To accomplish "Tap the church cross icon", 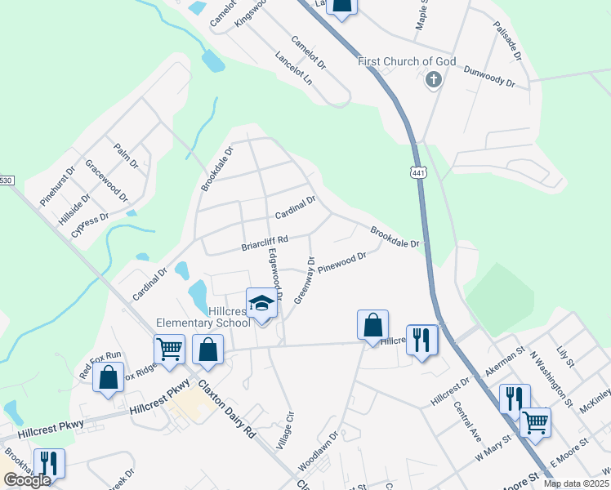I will (x=433, y=80).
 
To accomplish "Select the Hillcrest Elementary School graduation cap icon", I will (x=262, y=304).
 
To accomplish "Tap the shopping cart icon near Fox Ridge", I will (x=169, y=349).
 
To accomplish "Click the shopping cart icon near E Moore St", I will (x=535, y=422).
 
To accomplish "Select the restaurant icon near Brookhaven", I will (x=48, y=464).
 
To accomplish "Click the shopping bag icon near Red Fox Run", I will (x=109, y=377).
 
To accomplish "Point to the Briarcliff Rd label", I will (x=265, y=242).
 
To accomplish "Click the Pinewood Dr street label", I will (x=342, y=262).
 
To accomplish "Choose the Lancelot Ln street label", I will (x=294, y=69).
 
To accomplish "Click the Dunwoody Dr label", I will (x=488, y=78).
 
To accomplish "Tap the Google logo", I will (x=27, y=480).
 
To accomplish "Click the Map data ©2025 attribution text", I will (x=577, y=483).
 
